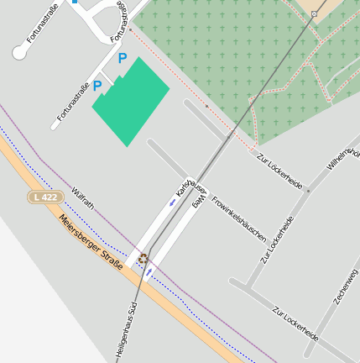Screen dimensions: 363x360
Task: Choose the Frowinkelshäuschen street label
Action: [x=239, y=218]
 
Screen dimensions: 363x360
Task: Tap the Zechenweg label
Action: [x=346, y=287]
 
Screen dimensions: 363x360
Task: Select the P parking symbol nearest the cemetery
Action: [x=123, y=59]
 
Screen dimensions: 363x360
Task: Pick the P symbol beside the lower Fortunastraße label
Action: [x=97, y=86]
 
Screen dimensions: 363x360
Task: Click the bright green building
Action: [x=131, y=101]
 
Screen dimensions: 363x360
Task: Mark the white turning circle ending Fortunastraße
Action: [x=19, y=53]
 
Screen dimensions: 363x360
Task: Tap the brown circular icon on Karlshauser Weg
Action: [x=143, y=258]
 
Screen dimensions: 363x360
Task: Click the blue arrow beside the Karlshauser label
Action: [x=172, y=202]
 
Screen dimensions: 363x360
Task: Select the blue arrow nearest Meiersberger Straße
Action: [x=149, y=271]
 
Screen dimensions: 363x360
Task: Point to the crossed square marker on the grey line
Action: [x=314, y=14]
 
